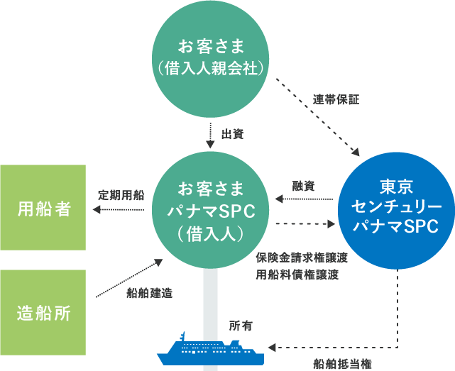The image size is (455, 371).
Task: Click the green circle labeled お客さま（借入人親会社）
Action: tap(210, 59)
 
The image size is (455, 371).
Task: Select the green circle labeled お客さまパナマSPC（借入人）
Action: tap(210, 210)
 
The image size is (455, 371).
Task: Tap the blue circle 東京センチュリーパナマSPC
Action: tap(396, 211)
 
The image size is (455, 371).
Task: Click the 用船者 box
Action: tap(43, 207)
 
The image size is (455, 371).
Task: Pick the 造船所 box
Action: tap(43, 312)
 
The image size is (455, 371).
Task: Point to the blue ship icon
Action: tap(210, 349)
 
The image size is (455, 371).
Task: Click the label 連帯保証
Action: tap(336, 99)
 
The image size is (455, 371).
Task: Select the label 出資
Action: tap(232, 134)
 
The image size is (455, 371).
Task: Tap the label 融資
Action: tap(303, 186)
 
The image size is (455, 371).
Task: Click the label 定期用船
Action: tap(121, 195)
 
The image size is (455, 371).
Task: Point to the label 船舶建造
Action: tap(150, 293)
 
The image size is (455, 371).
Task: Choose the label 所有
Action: tap(241, 326)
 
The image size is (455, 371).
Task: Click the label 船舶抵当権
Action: tap(342, 364)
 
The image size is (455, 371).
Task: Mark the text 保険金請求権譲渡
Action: tap(302, 258)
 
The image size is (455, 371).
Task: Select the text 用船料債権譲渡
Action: tap(297, 275)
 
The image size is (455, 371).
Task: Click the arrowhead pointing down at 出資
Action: tap(210, 145)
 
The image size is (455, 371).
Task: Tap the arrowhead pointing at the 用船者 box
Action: tap(97, 209)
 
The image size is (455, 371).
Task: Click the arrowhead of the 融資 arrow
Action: tap(279, 199)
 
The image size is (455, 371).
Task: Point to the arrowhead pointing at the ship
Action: tap(272, 347)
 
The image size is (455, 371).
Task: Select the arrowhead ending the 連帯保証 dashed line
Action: tap(356, 153)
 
